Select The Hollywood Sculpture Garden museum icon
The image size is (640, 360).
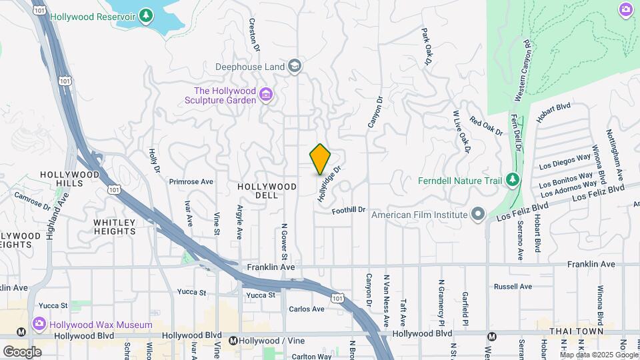266,95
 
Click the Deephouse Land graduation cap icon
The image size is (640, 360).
295,66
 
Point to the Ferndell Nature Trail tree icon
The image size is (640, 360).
512,180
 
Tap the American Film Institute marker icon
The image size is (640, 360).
477,215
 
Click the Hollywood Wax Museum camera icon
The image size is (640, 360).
39,325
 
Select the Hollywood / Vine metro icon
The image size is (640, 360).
233,341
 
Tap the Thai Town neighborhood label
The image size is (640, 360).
576,331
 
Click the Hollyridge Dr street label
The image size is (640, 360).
329,184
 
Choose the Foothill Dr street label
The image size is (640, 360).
349,210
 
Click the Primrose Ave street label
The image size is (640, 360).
191,181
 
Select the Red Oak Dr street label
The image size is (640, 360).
486,125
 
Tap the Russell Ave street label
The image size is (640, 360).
513,287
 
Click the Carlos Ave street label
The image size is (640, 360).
307,309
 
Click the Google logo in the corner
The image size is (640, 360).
22,351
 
